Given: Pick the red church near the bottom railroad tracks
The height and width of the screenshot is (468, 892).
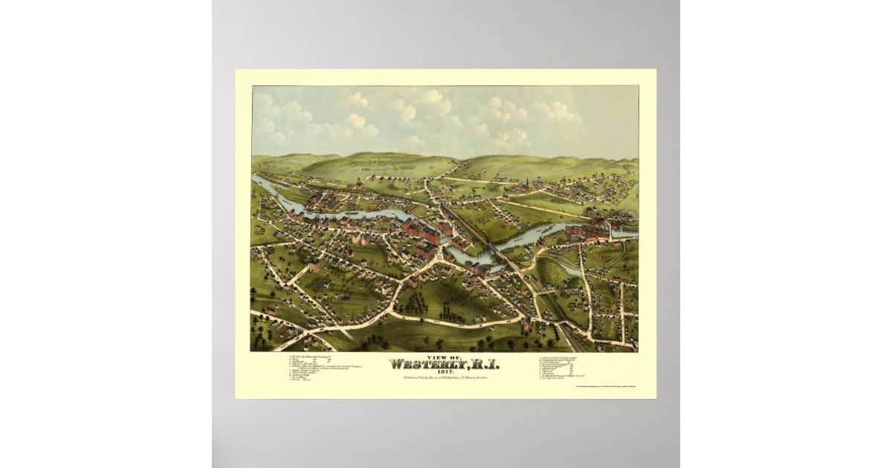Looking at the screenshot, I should click(x=526, y=324).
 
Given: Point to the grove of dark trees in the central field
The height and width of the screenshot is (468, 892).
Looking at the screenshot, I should click(x=413, y=300).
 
